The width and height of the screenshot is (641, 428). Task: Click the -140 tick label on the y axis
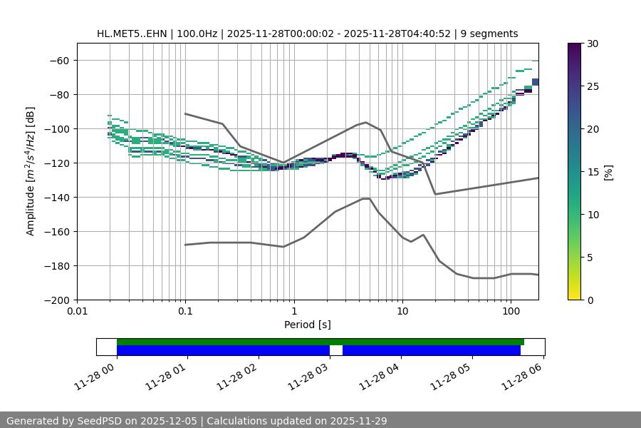[57, 198]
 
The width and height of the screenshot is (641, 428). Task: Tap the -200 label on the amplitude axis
[57, 300]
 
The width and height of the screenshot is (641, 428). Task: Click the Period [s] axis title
[308, 325]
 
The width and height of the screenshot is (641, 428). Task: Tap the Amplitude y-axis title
[31, 172]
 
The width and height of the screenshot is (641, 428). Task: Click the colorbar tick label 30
[593, 44]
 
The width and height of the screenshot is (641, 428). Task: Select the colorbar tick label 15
[593, 172]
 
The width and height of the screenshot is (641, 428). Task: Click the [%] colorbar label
[608, 172]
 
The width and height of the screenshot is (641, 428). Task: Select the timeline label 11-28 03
[308, 376]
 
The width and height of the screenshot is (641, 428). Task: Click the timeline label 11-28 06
[522, 376]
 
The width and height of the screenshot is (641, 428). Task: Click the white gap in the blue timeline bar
[336, 350]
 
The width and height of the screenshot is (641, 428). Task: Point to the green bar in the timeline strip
[320, 342]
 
